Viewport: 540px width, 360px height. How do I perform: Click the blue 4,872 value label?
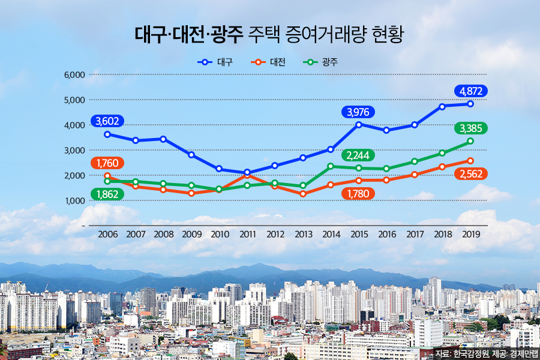click(x=471, y=91)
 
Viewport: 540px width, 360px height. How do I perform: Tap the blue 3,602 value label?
click(x=107, y=121)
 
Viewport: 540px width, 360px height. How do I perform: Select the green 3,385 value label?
click(x=471, y=128)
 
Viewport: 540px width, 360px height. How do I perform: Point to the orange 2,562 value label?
click(x=471, y=174)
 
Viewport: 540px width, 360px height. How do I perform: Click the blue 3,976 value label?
click(x=358, y=112)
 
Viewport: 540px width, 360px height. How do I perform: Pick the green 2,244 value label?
click(x=358, y=156)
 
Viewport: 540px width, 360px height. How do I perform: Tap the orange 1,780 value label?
click(x=358, y=193)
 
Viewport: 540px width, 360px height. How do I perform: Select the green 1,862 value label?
click(x=107, y=194)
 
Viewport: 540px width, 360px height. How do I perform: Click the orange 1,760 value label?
click(x=107, y=163)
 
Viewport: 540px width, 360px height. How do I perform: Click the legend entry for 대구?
click(x=218, y=62)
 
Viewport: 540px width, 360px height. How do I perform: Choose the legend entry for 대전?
click(x=269, y=62)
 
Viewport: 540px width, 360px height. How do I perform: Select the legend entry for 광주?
click(x=323, y=62)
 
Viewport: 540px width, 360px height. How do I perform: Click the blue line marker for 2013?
click(x=303, y=158)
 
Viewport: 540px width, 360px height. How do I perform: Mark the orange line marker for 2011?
click(x=247, y=175)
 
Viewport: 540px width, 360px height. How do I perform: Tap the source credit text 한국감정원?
click(x=471, y=353)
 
